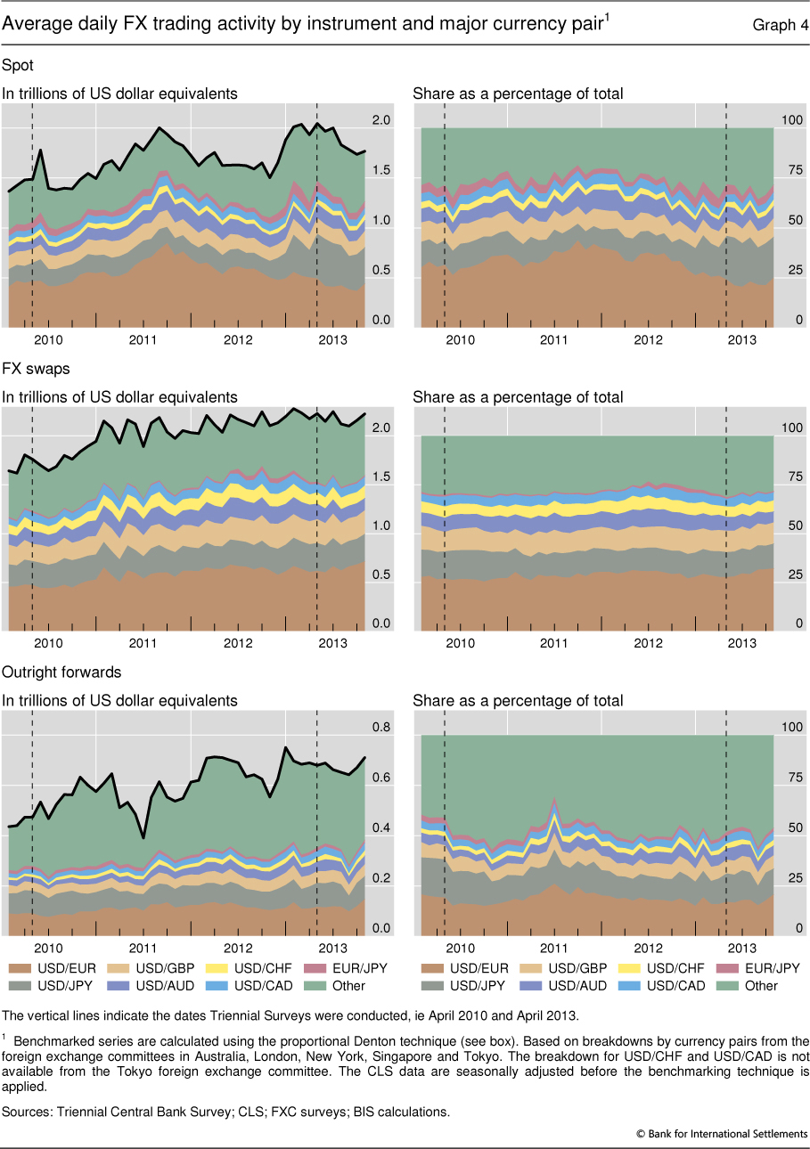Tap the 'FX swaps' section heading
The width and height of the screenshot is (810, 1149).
pyautogui.click(x=33, y=368)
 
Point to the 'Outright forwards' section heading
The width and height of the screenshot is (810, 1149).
pyautogui.click(x=61, y=672)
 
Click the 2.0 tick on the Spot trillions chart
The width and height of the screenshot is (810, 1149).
pyautogui.click(x=380, y=120)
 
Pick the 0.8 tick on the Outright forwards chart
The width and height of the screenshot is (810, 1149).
pyautogui.click(x=380, y=728)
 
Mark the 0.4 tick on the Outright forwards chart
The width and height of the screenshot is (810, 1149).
pyautogui.click(x=380, y=828)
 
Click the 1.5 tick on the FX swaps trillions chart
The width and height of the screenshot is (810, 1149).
pyautogui.click(x=380, y=477)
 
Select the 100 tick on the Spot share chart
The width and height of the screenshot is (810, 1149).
pyautogui.click(x=791, y=120)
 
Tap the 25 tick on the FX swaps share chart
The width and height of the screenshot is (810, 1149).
pyautogui.click(x=791, y=575)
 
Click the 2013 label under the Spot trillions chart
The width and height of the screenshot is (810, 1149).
pyautogui.click(x=331, y=339)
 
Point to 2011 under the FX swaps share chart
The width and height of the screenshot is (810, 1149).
pyautogui.click(x=554, y=643)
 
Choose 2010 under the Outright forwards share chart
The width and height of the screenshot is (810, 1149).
pyautogui.click(x=460, y=947)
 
